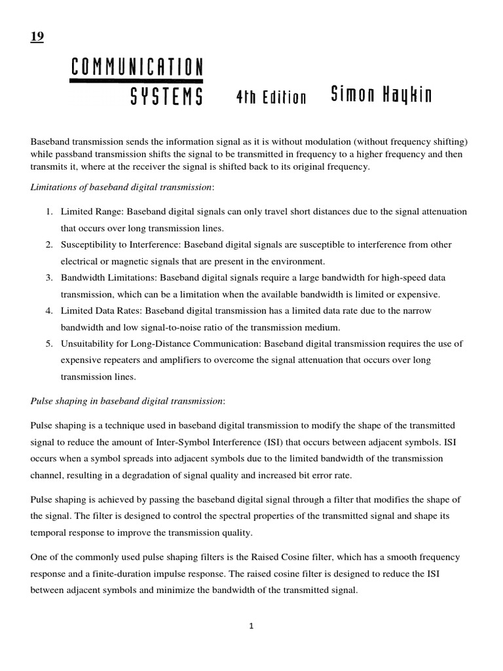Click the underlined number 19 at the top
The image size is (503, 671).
[37, 37]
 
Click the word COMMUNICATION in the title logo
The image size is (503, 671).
[136, 67]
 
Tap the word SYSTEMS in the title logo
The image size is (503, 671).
[166, 97]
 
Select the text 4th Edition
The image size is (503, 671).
[270, 98]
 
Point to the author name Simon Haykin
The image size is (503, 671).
[381, 96]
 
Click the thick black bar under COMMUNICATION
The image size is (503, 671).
[136, 81]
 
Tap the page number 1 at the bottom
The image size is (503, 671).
[251, 626]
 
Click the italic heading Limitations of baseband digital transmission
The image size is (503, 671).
[121, 187]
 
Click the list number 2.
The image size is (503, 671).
[49, 244]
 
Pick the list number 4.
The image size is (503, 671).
[49, 310]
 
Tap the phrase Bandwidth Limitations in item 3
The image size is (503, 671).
[109, 277]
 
